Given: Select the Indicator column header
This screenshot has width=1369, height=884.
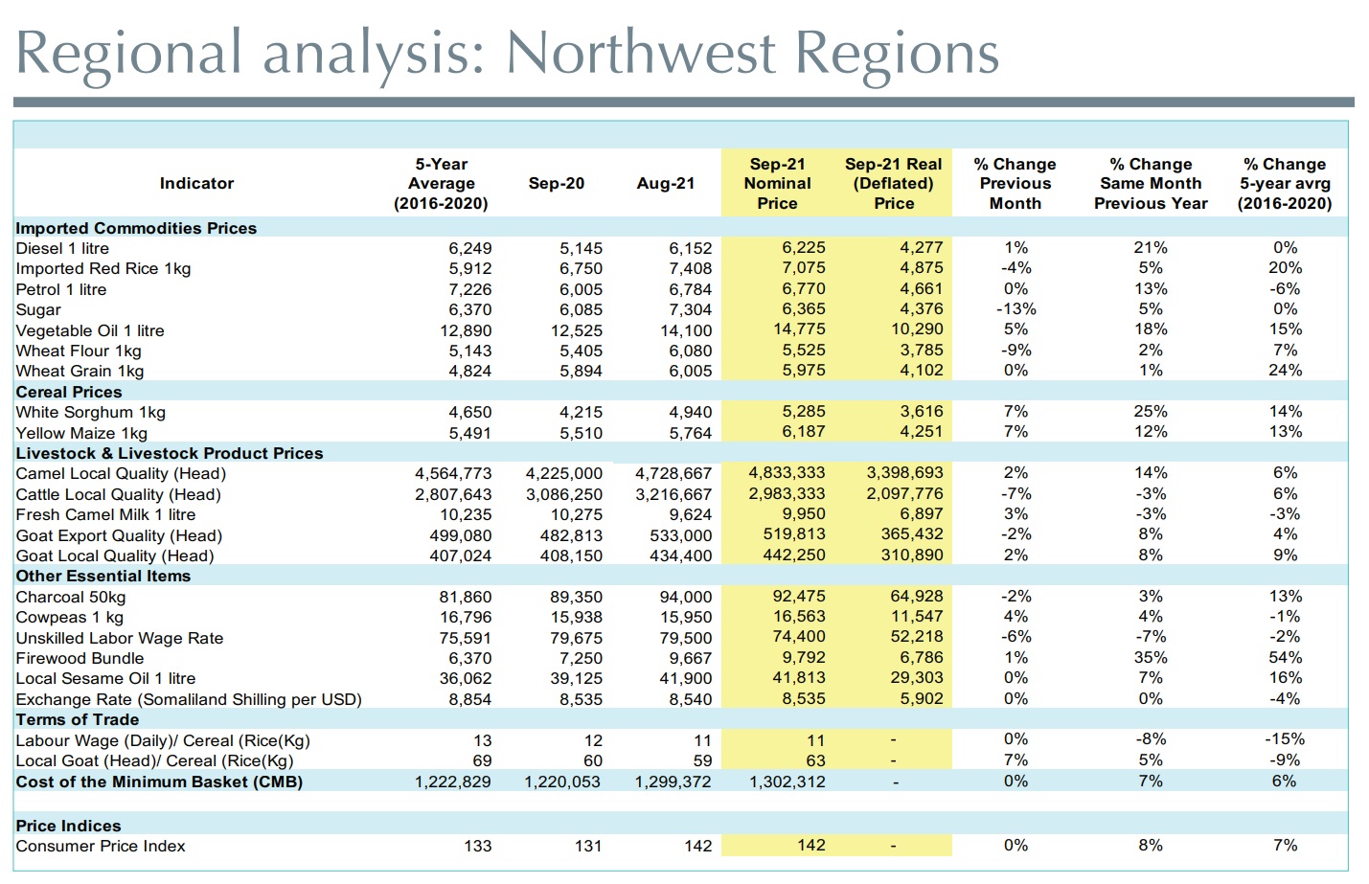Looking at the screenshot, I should tap(196, 183).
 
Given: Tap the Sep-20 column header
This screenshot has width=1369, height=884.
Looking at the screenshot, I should tap(556, 183).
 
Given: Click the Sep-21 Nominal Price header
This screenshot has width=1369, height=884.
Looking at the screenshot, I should tap(777, 183).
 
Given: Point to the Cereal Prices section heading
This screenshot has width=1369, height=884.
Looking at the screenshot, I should tap(69, 392).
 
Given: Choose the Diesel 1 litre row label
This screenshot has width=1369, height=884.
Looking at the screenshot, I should tap(62, 248).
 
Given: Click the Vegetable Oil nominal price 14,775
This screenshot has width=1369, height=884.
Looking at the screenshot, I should tap(799, 329).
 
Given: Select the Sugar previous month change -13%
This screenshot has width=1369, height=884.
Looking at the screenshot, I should tap(1015, 309).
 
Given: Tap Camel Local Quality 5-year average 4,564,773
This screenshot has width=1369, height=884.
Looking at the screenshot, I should tap(453, 473).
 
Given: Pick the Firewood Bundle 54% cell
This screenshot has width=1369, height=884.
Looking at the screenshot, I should tap(1285, 658).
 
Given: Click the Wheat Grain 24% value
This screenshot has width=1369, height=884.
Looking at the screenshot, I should tap(1285, 371).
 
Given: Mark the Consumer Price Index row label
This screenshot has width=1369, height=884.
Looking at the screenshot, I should tap(101, 846).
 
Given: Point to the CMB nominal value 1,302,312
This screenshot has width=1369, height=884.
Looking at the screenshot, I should tap(787, 782).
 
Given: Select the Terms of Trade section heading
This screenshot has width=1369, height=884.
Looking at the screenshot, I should tap(78, 719).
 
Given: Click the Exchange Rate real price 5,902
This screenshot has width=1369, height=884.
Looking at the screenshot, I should tap(921, 699).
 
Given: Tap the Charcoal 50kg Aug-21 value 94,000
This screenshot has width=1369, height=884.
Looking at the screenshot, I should tap(685, 597).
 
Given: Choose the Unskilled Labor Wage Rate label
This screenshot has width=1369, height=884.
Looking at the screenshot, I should tap(120, 638).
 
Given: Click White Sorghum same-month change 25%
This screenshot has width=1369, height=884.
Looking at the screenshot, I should tap(1150, 412).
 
